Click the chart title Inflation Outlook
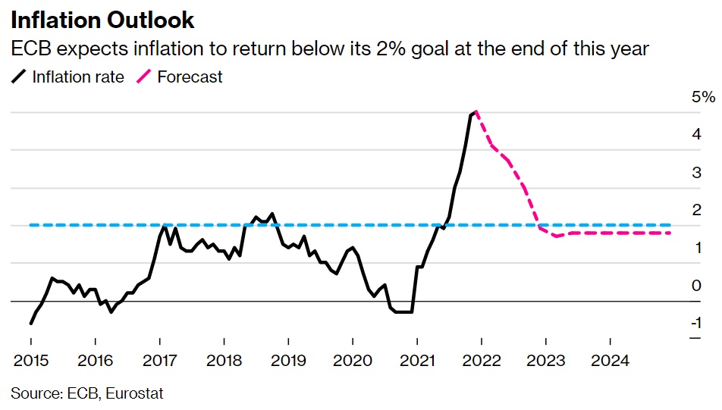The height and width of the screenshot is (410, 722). tap(102, 20)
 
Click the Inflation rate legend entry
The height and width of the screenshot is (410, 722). tap(77, 77)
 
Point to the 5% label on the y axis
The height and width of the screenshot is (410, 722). tap(703, 97)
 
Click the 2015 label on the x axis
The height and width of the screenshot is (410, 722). tap(30, 361)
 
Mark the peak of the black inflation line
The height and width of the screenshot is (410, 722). tap(474, 112)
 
